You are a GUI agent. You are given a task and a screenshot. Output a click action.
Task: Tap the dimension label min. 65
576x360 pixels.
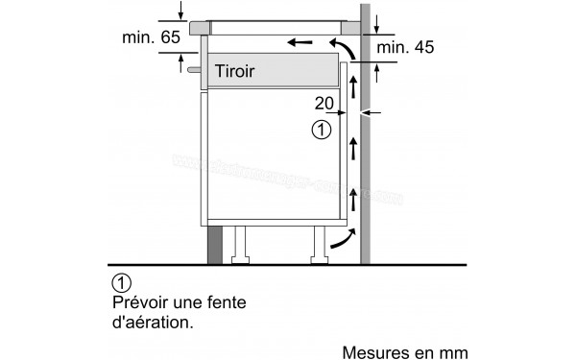coord(151,38)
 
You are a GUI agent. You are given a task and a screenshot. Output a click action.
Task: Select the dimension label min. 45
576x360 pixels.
coord(405,47)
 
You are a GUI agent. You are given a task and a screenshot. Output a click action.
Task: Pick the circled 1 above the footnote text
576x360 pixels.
coord(120,283)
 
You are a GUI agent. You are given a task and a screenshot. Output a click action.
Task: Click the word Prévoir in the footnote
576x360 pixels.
coord(138,302)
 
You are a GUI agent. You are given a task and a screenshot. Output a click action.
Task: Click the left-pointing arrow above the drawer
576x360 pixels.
coord(300,42)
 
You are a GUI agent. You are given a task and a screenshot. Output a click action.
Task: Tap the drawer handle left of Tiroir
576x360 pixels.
coord(195,70)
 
